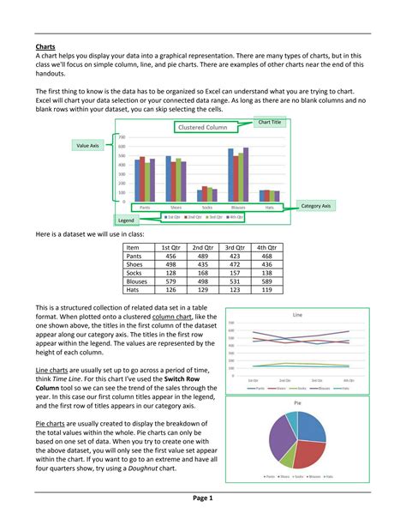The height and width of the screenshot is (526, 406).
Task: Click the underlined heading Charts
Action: (45, 46)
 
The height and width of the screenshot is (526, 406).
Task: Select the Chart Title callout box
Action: (270, 123)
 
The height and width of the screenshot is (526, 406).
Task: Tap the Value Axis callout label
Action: (89, 147)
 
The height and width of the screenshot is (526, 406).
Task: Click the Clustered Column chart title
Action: (203, 127)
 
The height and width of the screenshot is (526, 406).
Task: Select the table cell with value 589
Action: (266, 280)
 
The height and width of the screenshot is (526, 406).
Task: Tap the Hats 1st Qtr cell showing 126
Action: (171, 290)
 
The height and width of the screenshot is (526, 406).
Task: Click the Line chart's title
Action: (297, 315)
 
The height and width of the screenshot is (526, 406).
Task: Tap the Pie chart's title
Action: (297, 402)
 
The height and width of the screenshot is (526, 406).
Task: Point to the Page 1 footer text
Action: (202, 499)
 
